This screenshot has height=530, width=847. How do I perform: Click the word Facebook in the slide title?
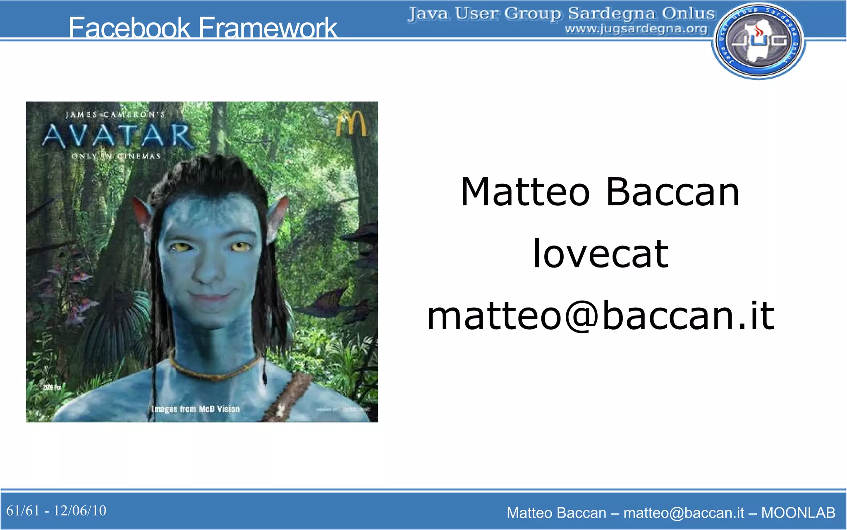(x=129, y=28)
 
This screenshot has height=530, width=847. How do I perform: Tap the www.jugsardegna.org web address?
(x=636, y=29)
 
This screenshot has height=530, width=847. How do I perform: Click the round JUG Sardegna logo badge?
(x=758, y=41)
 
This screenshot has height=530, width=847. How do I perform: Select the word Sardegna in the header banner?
(x=612, y=13)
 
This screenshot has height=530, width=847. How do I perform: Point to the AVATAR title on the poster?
(x=117, y=136)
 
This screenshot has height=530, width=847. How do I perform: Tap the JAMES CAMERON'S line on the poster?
(x=115, y=114)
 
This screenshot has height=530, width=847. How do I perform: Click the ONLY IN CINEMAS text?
(x=116, y=156)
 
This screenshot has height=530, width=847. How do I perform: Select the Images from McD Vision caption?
(x=196, y=409)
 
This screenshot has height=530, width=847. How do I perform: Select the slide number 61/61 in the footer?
(x=23, y=511)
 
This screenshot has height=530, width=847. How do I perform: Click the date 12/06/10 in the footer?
(x=80, y=511)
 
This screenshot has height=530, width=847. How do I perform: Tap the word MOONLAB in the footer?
(x=798, y=513)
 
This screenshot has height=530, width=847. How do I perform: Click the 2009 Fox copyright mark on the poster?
(x=52, y=387)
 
